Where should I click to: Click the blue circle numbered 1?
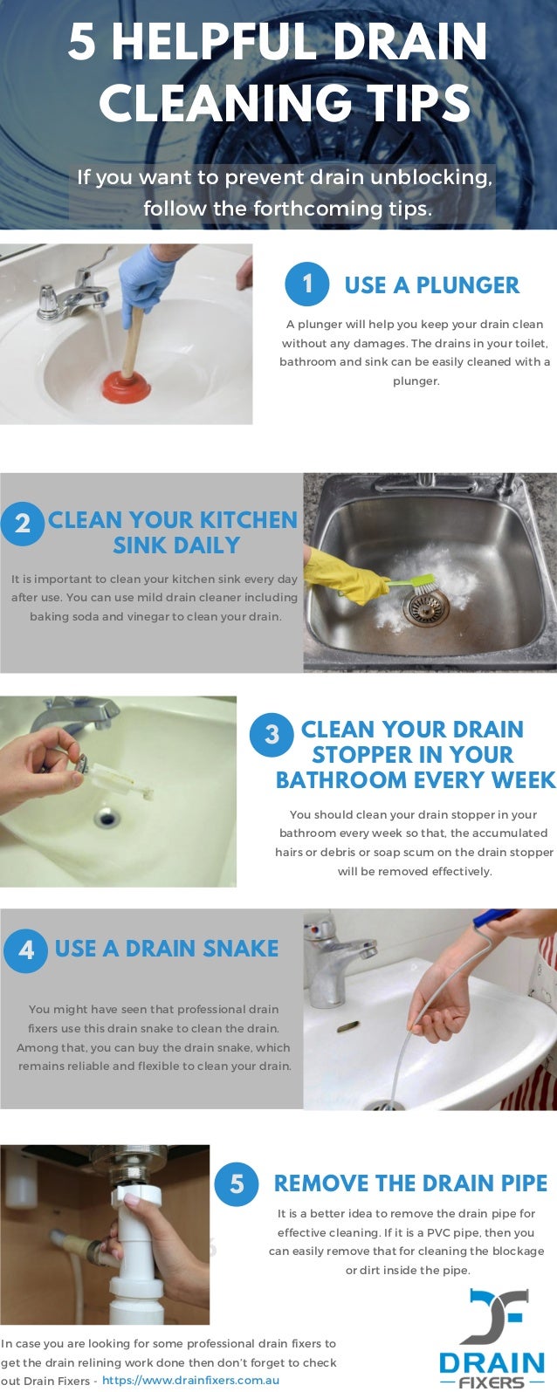(307, 284)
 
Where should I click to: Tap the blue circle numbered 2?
(23, 524)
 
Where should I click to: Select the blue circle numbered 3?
(272, 735)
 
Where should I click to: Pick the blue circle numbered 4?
(25, 950)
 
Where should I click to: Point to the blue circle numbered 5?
(237, 1183)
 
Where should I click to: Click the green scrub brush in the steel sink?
(409, 585)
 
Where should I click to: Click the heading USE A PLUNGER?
(432, 285)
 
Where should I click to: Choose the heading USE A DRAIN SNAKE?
(167, 949)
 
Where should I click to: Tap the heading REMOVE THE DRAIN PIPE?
(411, 1183)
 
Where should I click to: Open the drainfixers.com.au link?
(191, 1380)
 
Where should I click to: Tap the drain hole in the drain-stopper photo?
(107, 817)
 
